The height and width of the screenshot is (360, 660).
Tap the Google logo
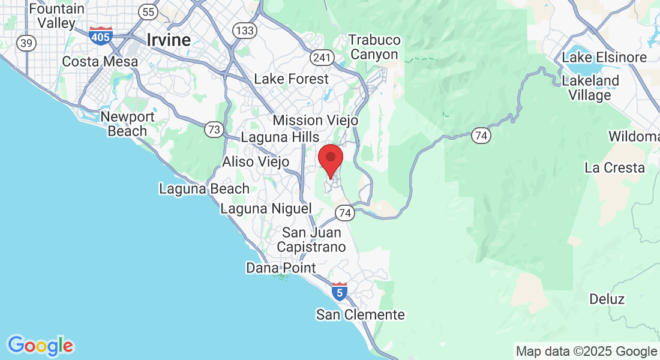click(x=40, y=346)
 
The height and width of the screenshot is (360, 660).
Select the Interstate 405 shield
click(x=100, y=35)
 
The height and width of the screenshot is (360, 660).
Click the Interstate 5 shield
click(x=340, y=292)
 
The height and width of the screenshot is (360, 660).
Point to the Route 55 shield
click(x=147, y=11)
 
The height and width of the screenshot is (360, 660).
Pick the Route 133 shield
click(x=245, y=30)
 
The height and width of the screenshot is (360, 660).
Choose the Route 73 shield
click(x=214, y=129)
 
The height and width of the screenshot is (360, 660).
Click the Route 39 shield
click(x=26, y=43)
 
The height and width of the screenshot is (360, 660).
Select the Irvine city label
click(x=169, y=40)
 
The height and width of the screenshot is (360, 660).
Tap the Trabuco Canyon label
click(x=374, y=47)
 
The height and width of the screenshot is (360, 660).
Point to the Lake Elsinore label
click(x=604, y=58)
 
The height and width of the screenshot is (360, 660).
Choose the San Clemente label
click(x=361, y=314)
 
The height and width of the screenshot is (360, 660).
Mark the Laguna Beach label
click(x=204, y=188)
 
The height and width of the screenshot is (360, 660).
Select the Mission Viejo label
click(x=316, y=120)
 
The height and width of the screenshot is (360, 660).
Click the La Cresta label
click(x=614, y=167)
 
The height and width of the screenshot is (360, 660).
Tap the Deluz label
click(x=607, y=299)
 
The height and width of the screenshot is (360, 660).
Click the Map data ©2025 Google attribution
click(x=586, y=352)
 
